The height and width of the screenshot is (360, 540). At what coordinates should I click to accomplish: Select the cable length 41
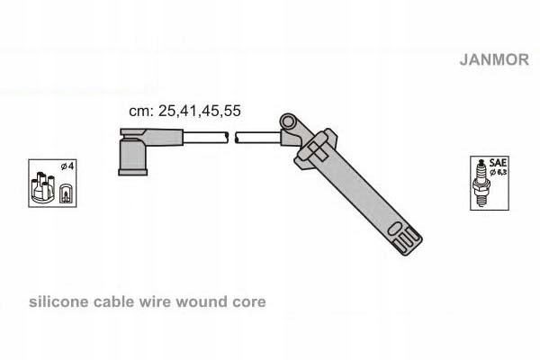(x=187, y=112)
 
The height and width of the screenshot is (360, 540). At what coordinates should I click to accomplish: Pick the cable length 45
(x=210, y=112)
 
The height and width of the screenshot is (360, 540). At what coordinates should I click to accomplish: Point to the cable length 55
(x=231, y=112)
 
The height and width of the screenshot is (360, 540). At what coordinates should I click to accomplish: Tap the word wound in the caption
(x=206, y=302)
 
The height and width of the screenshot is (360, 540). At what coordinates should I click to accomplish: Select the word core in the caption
(x=249, y=302)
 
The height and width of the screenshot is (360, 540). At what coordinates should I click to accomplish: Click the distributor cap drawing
(x=43, y=186)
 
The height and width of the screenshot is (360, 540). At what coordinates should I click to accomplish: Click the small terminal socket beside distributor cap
(x=65, y=191)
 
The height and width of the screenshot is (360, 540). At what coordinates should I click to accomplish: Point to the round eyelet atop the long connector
(x=289, y=120)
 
